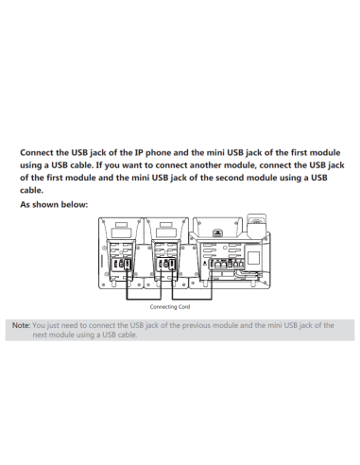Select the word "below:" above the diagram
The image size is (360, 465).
(x=76, y=204)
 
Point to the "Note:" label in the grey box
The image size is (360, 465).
(x=21, y=324)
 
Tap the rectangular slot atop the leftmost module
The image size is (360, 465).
(x=121, y=231)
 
